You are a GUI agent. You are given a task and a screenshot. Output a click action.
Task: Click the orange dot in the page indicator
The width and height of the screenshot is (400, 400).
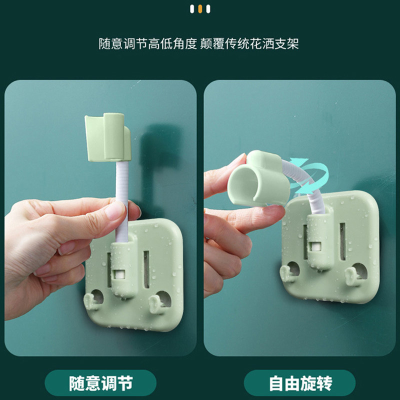coord(200,9)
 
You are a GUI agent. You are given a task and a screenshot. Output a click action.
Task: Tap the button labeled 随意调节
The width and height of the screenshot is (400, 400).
coord(100,383)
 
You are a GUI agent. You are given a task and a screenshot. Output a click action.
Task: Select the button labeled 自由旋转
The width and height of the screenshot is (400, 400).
coord(300,383)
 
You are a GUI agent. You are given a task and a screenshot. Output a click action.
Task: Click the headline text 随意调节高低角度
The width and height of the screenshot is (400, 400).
coord(147,43)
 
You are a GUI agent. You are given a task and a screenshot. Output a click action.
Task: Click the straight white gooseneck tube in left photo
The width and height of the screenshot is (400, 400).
coord(122,201)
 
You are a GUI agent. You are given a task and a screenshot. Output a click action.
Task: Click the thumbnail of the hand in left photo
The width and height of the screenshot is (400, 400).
coord(115,210)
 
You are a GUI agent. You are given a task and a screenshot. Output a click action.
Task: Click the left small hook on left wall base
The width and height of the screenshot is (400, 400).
coord(90,301)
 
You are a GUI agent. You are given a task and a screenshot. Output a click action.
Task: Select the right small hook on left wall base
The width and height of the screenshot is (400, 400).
coord(155,304)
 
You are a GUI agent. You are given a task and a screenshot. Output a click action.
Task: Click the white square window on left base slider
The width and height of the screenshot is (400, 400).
coord(119,274)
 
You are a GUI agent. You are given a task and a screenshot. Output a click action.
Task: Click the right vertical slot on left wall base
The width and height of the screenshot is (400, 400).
coord(146,269)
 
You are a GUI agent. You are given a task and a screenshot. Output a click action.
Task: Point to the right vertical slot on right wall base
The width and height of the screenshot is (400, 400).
coord(342,241)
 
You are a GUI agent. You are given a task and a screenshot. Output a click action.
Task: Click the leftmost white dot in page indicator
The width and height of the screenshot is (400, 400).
coord(192,9)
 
